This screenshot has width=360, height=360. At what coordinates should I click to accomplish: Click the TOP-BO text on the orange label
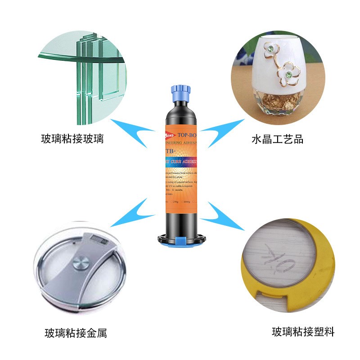[187, 134]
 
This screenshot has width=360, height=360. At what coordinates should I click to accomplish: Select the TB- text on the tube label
[171, 151]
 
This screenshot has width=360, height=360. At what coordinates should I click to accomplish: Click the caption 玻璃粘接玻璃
[72, 139]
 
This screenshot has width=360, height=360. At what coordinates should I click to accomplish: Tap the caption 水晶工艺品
[277, 139]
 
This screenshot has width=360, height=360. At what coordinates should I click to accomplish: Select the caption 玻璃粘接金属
[76, 333]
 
